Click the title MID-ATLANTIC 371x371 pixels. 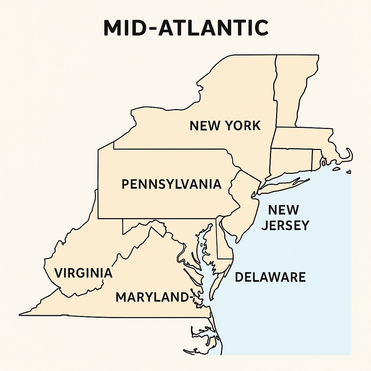point(185,28)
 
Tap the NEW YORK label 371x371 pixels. point(225,126)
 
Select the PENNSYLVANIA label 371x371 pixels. point(171,184)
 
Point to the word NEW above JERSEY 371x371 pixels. point(283,209)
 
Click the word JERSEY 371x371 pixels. point(285,225)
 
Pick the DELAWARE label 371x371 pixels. point(270,277)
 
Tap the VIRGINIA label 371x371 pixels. point(83,272)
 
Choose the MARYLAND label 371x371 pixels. point(150,297)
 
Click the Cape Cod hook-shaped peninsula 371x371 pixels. point(346,156)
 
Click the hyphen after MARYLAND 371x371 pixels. point(188,297)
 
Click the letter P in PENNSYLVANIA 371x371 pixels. point(125,184)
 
